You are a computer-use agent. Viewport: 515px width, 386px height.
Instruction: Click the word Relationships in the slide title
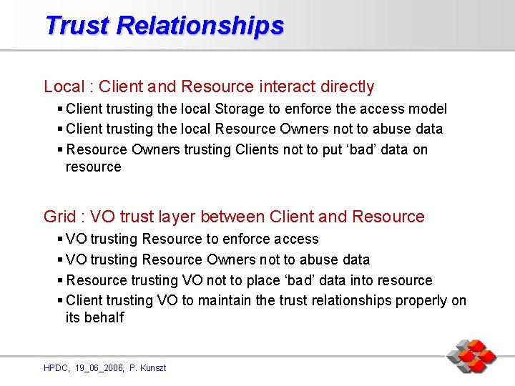tap(200, 26)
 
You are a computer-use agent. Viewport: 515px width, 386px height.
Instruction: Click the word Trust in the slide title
tap(77, 25)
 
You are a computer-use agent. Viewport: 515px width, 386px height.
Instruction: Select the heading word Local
tap(64, 86)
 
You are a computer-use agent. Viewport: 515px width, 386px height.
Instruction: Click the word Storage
tap(242, 109)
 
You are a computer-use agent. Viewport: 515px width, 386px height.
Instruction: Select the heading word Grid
tap(59, 217)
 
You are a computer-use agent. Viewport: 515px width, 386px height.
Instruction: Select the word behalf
tap(104, 317)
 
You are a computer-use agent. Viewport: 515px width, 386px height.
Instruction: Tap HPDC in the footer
tap(55, 367)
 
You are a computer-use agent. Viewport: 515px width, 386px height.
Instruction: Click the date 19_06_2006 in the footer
tap(97, 367)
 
